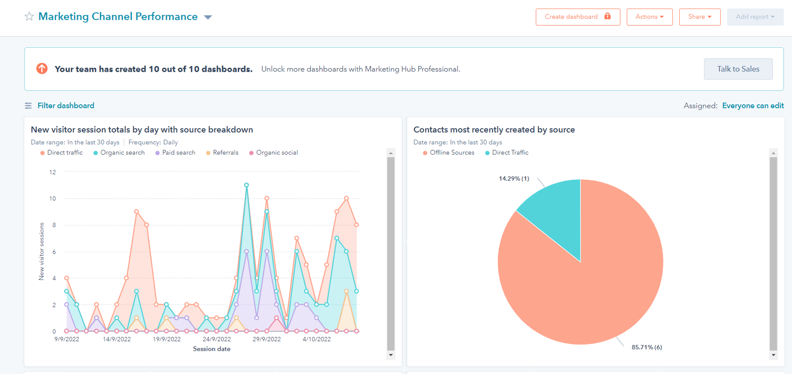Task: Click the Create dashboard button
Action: pos(577,17)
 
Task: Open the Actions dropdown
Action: pos(649,17)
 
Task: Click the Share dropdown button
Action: pos(700,17)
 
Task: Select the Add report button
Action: pos(755,17)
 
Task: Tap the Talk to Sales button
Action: pos(738,69)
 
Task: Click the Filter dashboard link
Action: pos(65,106)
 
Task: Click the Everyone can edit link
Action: pos(752,106)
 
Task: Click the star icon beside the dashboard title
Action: pos(29,17)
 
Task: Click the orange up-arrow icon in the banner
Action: pos(42,69)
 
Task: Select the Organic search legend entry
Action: pos(122,152)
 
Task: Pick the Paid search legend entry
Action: pos(178,152)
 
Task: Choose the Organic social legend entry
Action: pos(276,152)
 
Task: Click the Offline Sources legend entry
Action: pos(451,152)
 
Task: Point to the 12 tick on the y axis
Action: pos(52,172)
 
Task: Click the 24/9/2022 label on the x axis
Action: pos(217,339)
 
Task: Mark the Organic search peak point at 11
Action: pos(246,185)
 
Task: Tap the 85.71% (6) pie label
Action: pos(646,347)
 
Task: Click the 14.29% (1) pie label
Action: pos(514,179)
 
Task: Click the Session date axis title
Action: pos(212,349)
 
